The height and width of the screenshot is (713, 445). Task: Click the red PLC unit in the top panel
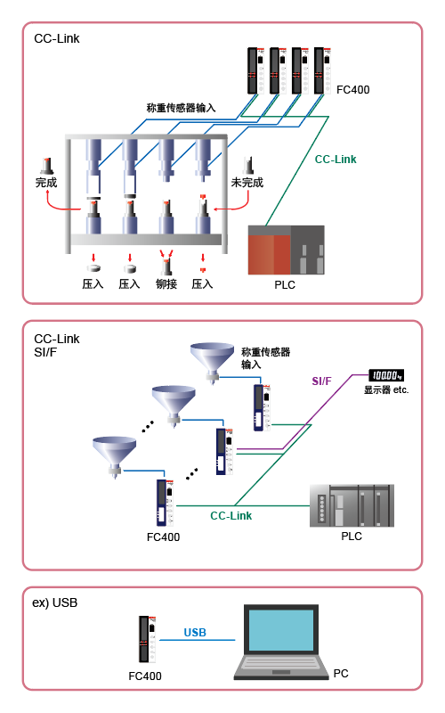pyautogui.click(x=286, y=250)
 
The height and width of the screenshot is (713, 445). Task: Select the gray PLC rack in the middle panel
pyautogui.click(x=352, y=505)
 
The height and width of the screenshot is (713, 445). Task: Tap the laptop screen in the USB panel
pyautogui.click(x=281, y=630)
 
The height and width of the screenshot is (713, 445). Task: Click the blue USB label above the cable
pyautogui.click(x=195, y=633)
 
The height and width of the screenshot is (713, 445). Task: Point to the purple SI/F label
pyautogui.click(x=321, y=381)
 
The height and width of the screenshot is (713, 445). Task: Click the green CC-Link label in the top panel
pyautogui.click(x=336, y=160)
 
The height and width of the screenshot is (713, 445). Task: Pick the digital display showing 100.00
pyautogui.click(x=386, y=375)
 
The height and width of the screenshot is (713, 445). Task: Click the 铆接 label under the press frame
pyautogui.click(x=166, y=283)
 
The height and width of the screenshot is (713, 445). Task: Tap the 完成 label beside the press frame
pyautogui.click(x=46, y=183)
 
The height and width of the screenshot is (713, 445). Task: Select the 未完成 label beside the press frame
pyautogui.click(x=247, y=183)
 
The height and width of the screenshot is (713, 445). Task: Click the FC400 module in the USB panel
pyautogui.click(x=148, y=639)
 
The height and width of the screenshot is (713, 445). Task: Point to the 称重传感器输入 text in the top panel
pyautogui.click(x=181, y=108)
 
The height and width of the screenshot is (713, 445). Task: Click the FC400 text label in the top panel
pyautogui.click(x=352, y=90)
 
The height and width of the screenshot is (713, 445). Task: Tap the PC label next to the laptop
pyautogui.click(x=341, y=674)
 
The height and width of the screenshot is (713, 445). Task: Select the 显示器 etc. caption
pyautogui.click(x=386, y=389)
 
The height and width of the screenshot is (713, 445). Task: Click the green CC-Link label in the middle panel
pyautogui.click(x=231, y=516)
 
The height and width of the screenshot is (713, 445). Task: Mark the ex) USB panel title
pyautogui.click(x=55, y=603)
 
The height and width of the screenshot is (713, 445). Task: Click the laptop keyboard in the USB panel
pyautogui.click(x=281, y=663)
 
